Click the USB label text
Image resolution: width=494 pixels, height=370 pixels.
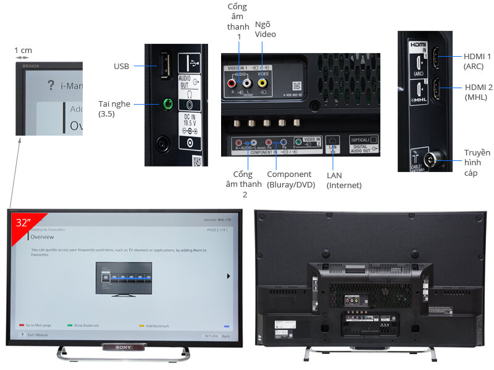pyautogui.click(x=121, y=66)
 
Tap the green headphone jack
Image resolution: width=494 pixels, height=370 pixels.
pyautogui.click(x=165, y=104)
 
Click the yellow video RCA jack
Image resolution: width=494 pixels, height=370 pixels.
pyautogui.click(x=262, y=82)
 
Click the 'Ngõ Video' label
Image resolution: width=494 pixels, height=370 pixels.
pyautogui.click(x=266, y=29)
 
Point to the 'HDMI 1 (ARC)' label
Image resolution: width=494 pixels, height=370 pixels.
pyautogui.click(x=477, y=61)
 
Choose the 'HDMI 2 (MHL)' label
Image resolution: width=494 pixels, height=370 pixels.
pyautogui.click(x=477, y=92)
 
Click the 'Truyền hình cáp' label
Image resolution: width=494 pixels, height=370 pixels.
pyautogui.click(x=477, y=163)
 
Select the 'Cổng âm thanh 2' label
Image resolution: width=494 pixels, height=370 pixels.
pyautogui.click(x=239, y=184)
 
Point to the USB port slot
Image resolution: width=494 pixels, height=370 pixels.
pyautogui.click(x=165, y=65)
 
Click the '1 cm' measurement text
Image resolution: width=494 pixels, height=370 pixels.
pyautogui.click(x=23, y=51)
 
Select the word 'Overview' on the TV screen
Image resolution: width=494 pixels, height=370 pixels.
pyautogui.click(x=43, y=237)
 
